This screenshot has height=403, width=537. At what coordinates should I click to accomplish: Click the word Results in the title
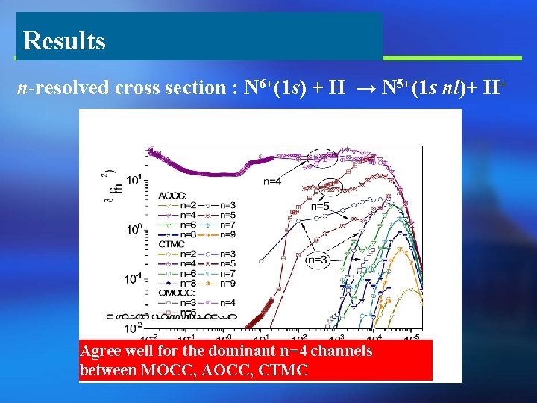pos(64,40)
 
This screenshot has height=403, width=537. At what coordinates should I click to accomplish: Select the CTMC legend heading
pos(173,243)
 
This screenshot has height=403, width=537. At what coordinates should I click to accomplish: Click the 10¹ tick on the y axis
pos(134,180)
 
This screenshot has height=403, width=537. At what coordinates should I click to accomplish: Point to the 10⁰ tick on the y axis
pos(134,229)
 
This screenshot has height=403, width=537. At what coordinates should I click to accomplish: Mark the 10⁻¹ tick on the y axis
pos(134,278)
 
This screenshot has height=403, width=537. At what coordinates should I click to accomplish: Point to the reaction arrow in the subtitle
pos(363,89)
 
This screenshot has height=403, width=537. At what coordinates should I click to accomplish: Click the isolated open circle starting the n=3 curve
pos(262,261)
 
